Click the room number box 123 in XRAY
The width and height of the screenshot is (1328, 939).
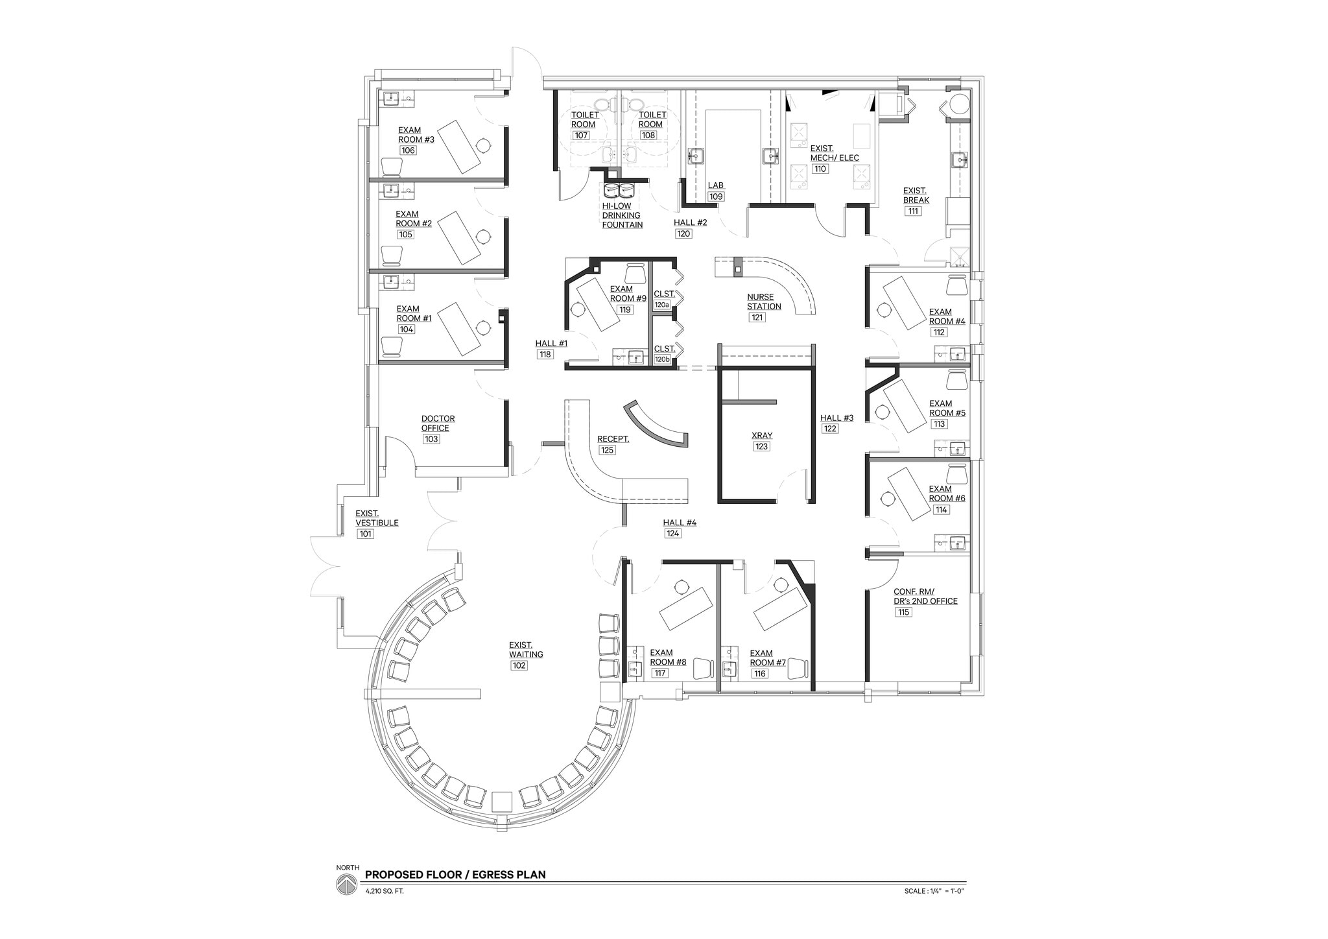(761, 447)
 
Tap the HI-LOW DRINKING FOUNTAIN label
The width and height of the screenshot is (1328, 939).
(622, 215)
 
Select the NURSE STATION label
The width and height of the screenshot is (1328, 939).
(763, 302)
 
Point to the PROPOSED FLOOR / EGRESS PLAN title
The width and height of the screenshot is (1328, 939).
(455, 874)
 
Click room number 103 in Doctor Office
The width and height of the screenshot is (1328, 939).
(431, 439)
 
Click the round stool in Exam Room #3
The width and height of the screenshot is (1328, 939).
(482, 145)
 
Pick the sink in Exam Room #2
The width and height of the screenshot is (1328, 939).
(391, 190)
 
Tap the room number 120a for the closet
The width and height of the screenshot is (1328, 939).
(661, 304)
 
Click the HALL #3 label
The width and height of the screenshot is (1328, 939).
(836, 418)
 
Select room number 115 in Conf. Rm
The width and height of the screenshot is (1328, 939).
(904, 612)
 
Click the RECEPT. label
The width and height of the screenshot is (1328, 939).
(613, 439)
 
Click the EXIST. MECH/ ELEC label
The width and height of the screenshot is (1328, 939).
(834, 153)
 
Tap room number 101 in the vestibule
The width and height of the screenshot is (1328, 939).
(365, 534)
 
